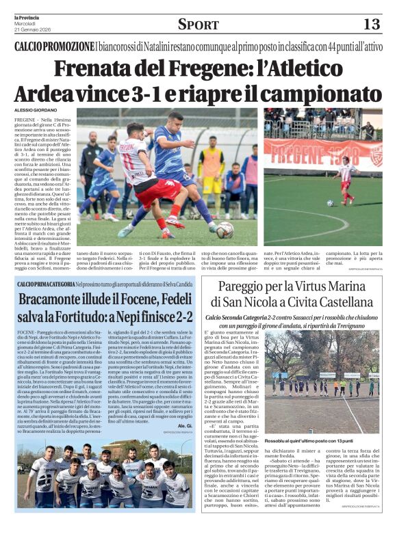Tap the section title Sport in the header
tap(198, 25)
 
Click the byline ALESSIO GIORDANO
tap(38, 110)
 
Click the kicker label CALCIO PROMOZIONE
tap(55, 46)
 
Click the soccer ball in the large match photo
tap(222, 230)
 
